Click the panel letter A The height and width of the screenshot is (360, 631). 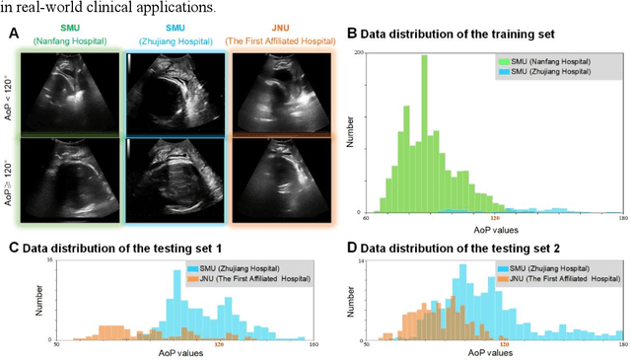point(13,34)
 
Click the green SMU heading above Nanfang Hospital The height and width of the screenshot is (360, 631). point(71,29)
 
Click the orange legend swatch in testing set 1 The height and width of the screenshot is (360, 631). point(192,279)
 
